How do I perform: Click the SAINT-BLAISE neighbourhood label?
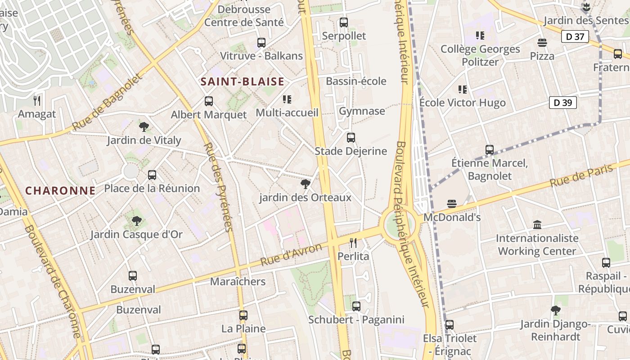243,81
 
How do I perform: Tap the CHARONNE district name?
60,190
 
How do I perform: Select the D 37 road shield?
575,36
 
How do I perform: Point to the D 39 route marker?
563,103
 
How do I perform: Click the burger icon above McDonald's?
452,204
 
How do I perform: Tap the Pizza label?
542,56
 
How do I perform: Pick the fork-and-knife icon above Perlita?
353,243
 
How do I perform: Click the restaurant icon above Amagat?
37,100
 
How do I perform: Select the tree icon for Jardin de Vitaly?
144,126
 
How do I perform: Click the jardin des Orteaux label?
305,198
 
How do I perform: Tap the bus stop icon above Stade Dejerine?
351,138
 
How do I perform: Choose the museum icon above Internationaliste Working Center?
537,224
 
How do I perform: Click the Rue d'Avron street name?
291,254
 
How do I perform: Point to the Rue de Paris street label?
581,176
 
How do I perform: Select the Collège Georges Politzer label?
480,55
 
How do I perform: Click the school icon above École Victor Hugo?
462,90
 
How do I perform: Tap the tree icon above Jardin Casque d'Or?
136,221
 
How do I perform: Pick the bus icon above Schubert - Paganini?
356,306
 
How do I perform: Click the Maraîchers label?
238,282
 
